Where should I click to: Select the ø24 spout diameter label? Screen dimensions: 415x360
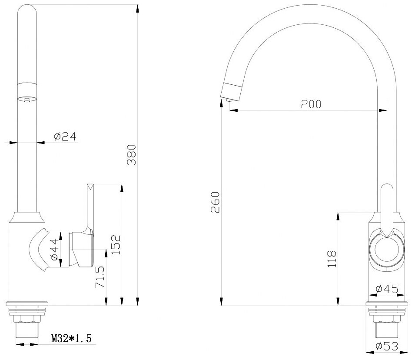65,137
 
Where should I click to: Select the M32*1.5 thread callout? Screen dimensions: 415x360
71,338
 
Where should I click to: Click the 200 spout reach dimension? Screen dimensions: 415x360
310,104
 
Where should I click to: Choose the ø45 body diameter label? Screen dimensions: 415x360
387,288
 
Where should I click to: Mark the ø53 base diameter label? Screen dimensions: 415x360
387,346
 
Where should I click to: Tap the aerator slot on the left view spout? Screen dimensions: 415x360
27,100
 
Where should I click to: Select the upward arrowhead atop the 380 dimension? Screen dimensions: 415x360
137,9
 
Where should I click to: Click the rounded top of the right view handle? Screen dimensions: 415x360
387,189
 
